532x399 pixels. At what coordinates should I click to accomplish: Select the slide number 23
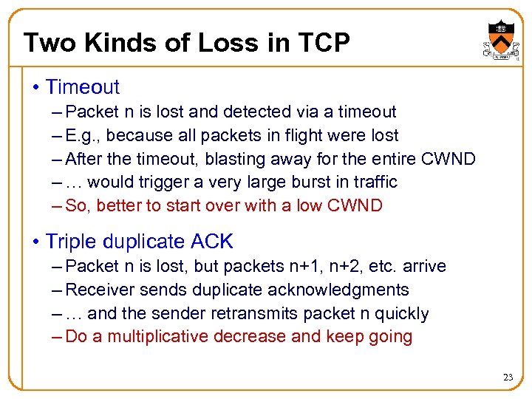[x=508, y=378]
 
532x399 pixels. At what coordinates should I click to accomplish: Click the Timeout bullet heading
[x=82, y=87]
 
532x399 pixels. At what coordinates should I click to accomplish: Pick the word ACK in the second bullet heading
[x=211, y=242]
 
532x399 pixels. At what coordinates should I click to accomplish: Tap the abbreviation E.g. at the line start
[x=80, y=136]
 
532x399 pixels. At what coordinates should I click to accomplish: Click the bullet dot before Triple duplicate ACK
[x=36, y=242]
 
